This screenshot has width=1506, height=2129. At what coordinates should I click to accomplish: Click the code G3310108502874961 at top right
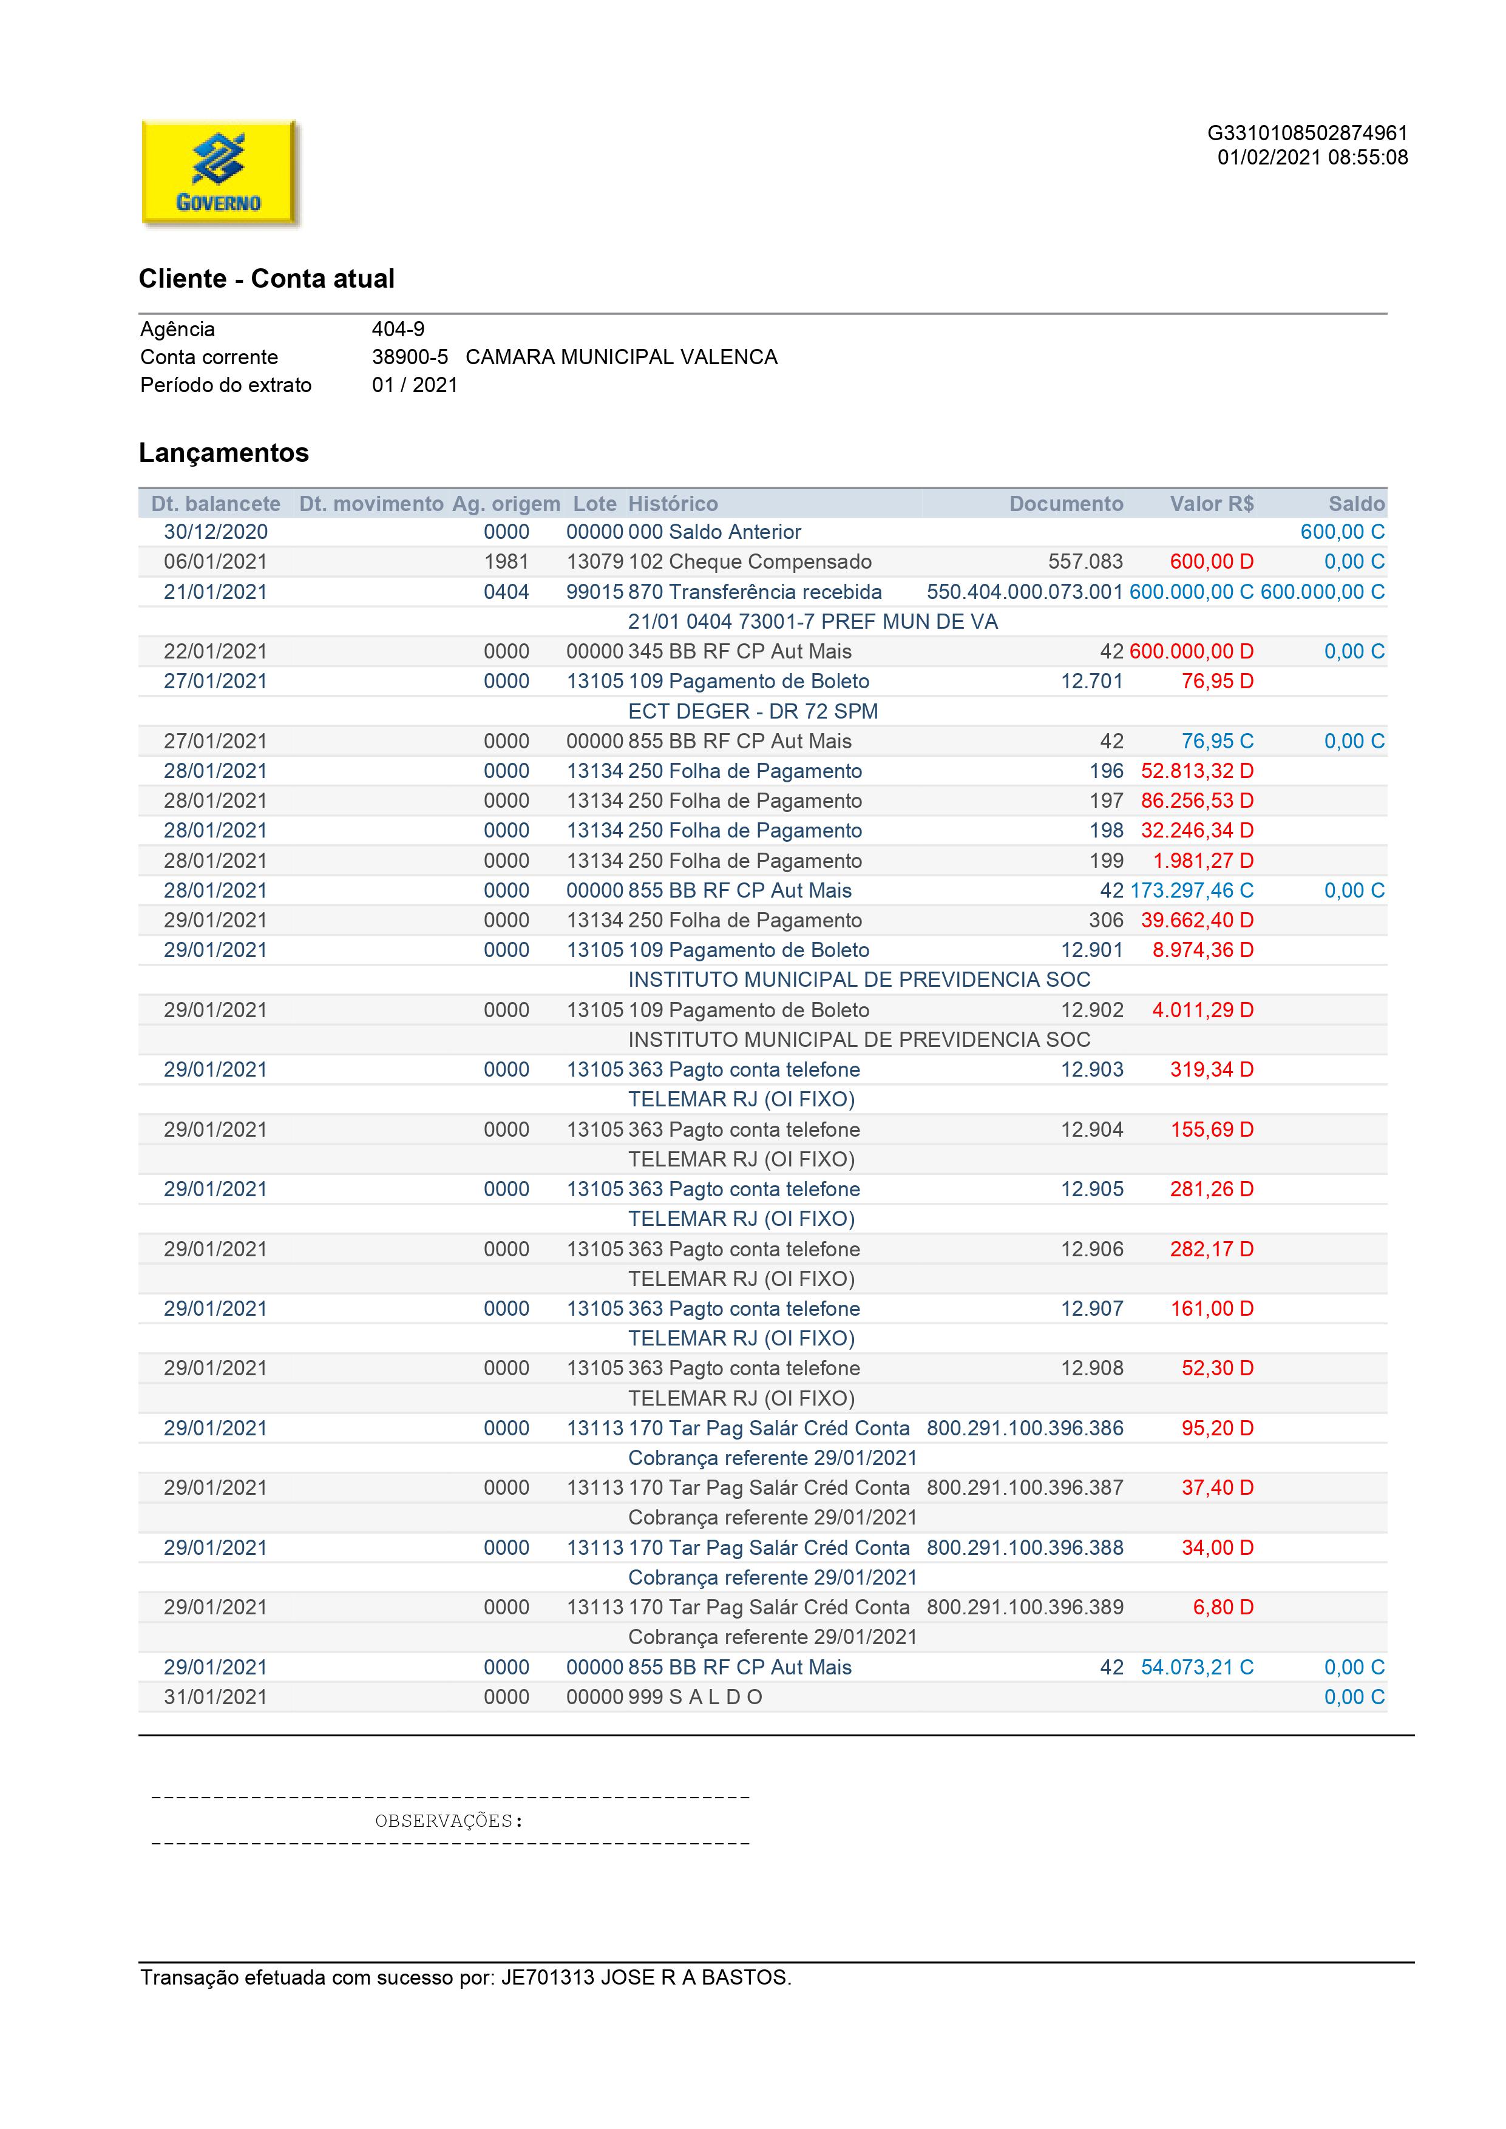[x=1307, y=134]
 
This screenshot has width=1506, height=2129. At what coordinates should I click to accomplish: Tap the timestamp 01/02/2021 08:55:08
[x=1312, y=158]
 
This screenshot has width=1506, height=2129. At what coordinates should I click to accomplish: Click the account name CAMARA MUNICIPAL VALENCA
[x=622, y=357]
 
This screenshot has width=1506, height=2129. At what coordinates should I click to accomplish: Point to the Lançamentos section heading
[x=223, y=453]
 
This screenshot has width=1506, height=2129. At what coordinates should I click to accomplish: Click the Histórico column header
[x=673, y=504]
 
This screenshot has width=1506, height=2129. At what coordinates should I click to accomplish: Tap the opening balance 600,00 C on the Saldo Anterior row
[x=1342, y=532]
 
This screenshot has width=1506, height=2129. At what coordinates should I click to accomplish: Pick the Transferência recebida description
[x=775, y=592]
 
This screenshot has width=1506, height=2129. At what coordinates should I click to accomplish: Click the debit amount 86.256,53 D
[x=1196, y=800]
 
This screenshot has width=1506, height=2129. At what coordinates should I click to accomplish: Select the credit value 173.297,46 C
[x=1191, y=890]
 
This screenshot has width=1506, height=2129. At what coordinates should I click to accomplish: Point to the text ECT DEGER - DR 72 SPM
[x=753, y=711]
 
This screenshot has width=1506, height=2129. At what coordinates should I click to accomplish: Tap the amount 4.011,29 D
[x=1202, y=1010]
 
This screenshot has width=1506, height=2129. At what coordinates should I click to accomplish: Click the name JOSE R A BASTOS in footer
[x=696, y=1978]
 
